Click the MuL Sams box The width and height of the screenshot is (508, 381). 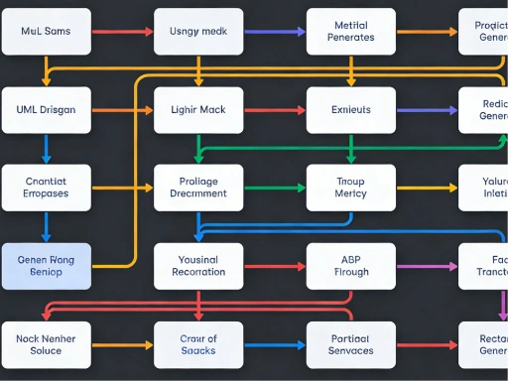click(x=47, y=32)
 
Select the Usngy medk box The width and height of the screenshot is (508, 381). click(x=198, y=32)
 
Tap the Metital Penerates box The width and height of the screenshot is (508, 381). click(x=350, y=32)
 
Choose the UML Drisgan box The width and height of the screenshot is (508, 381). click(x=47, y=110)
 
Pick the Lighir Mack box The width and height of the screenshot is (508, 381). click(x=198, y=110)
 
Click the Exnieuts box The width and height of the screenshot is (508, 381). click(x=350, y=110)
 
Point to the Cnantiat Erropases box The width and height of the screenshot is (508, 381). click(x=47, y=188)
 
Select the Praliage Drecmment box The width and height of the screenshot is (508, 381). click(x=198, y=188)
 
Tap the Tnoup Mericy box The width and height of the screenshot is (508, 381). click(x=350, y=188)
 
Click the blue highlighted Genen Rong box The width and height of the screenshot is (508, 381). click(x=47, y=266)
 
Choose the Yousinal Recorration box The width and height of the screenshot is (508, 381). click(x=198, y=266)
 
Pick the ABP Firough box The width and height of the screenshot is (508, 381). click(x=350, y=266)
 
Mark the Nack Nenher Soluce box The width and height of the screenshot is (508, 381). click(x=47, y=344)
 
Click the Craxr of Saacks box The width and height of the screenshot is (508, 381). click(x=198, y=344)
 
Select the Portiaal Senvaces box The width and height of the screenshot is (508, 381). click(x=350, y=344)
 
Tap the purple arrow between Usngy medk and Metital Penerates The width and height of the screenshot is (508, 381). click(x=274, y=32)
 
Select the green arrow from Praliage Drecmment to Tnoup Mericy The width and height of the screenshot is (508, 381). click(x=274, y=188)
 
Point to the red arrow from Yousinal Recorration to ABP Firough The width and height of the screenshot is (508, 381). click(x=274, y=266)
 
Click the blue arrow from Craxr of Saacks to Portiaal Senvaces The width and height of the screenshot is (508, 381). click(x=274, y=344)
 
